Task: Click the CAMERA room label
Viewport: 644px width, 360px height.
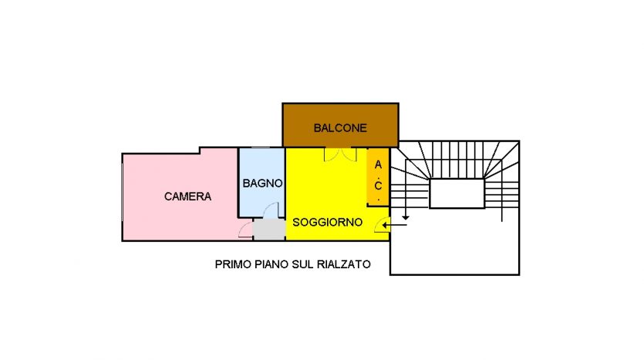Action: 187,197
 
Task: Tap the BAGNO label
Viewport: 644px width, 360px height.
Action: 262,183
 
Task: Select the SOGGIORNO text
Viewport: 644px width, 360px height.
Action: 327,223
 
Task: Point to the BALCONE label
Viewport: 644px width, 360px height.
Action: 340,128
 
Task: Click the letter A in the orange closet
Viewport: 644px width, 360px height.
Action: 378,165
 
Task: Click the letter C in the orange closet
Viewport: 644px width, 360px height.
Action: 378,186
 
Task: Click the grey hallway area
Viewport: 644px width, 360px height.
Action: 269,230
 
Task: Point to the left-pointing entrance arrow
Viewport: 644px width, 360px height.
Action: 395,225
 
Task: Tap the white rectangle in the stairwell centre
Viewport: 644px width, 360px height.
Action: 457,193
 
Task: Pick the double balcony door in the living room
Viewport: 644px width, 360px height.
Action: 340,154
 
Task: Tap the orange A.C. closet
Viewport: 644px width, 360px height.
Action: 378,177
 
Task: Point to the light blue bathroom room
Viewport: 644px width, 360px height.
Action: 262,182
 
